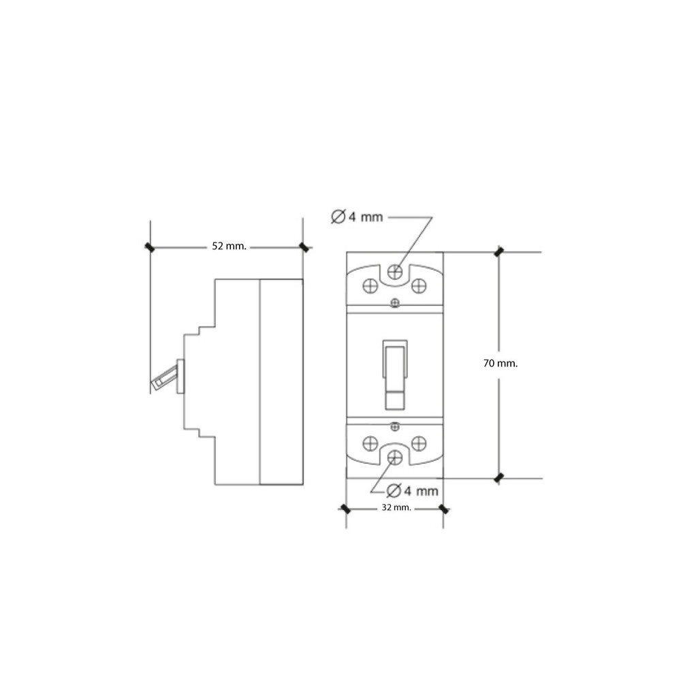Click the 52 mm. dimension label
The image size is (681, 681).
[x=229, y=247]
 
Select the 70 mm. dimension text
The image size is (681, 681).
[x=501, y=363]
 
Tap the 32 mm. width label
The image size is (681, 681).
[x=396, y=507]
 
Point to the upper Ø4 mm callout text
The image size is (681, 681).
[x=357, y=217]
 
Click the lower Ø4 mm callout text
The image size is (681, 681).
[x=412, y=491]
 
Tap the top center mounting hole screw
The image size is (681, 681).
[x=395, y=272]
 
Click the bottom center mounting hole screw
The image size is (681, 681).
[x=395, y=457]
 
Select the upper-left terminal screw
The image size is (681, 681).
[x=370, y=286]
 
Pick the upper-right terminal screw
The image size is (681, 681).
[x=419, y=286]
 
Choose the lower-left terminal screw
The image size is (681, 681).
[x=370, y=443]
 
